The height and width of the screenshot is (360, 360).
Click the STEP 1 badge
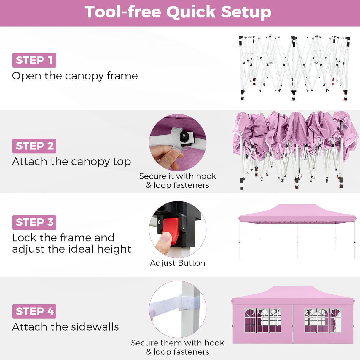coord(34,60)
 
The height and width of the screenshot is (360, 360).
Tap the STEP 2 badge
coord(34,146)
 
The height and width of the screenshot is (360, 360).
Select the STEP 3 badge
coord(34,222)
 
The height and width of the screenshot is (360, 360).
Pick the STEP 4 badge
coord(34,311)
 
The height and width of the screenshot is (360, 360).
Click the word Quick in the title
coord(191,12)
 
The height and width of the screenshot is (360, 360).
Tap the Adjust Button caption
coord(177,263)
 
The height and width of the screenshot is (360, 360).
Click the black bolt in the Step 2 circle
coord(184,136)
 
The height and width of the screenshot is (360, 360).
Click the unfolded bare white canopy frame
coord(294,68)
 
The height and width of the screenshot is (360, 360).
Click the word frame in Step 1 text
coord(122,76)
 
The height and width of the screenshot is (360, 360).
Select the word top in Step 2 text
coord(122,162)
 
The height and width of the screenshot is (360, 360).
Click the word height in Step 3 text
coord(114,249)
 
